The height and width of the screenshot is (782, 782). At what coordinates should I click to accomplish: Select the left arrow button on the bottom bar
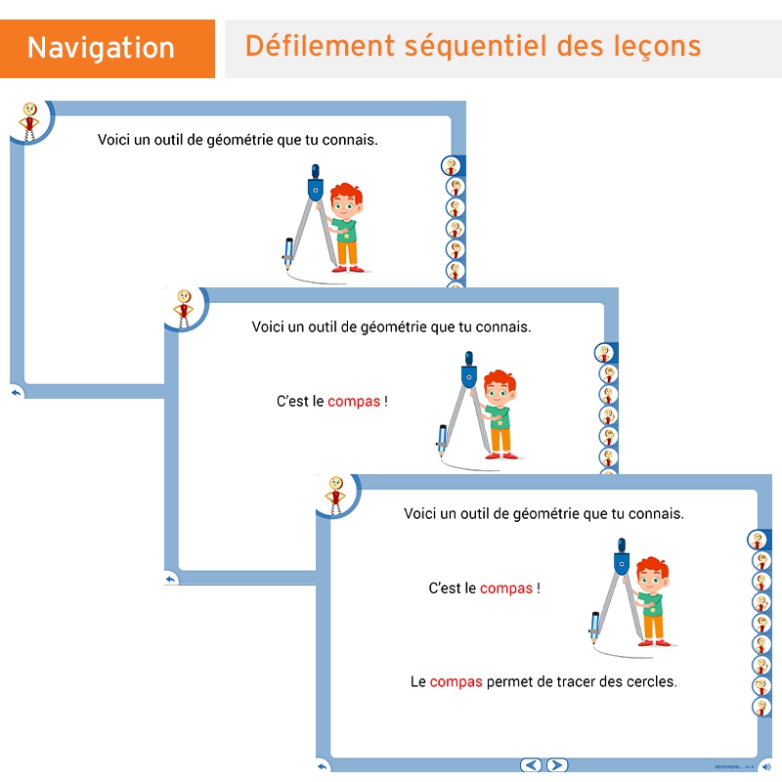[531, 765]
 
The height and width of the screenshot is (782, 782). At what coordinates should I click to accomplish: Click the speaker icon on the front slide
[765, 766]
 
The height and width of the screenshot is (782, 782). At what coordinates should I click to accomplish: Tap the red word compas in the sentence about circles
[456, 681]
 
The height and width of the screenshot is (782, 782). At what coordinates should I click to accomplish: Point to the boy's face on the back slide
[345, 207]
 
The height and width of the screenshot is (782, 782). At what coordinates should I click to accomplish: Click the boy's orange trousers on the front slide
[651, 627]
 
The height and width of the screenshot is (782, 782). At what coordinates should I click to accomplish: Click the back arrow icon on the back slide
[17, 392]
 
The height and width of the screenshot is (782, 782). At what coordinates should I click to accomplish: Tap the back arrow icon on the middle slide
[171, 579]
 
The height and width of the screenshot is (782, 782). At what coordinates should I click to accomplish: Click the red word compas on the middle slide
[354, 401]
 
